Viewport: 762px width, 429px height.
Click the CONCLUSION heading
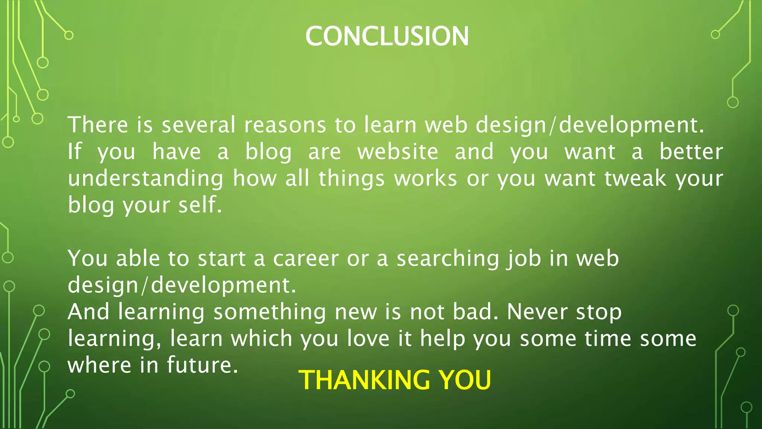(x=387, y=36)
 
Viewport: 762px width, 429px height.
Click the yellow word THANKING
(x=364, y=380)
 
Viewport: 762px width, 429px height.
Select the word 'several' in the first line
(x=198, y=125)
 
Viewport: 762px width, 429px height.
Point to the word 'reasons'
(x=285, y=125)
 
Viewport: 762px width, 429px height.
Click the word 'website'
(x=398, y=152)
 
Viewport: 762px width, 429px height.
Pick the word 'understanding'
(x=145, y=179)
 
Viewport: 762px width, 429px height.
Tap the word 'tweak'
(x=635, y=179)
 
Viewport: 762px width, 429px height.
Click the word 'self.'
(x=200, y=205)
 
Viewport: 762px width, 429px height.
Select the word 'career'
(x=306, y=258)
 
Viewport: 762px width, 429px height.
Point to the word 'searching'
(x=448, y=258)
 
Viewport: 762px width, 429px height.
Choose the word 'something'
(x=270, y=312)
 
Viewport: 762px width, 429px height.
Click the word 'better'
(x=691, y=152)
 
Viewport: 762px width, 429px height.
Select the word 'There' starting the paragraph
(x=98, y=125)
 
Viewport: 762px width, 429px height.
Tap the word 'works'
(x=425, y=179)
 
